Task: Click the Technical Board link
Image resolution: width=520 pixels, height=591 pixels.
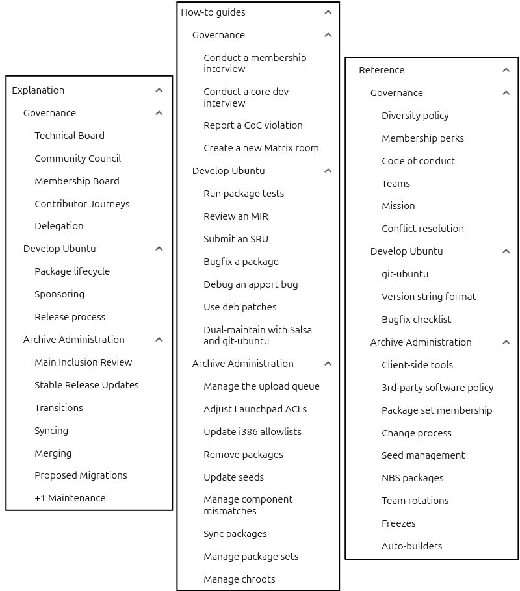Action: [x=70, y=136]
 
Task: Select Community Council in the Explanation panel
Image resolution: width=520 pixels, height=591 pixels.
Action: [x=77, y=158]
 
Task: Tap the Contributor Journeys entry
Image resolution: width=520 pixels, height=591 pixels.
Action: [x=82, y=204]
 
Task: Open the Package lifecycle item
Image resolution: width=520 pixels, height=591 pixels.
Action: [x=72, y=271]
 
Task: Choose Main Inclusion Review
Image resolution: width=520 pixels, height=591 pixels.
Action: [x=83, y=362]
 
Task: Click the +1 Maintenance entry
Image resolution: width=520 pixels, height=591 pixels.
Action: [x=70, y=498]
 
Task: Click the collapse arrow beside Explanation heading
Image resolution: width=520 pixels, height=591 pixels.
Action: [x=159, y=90]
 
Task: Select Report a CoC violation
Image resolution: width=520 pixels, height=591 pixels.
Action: [x=253, y=125]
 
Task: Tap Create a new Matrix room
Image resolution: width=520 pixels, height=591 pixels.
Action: [x=261, y=148]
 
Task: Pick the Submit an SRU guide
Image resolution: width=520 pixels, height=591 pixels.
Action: [x=235, y=239]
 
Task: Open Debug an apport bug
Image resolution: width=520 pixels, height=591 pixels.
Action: [x=250, y=284]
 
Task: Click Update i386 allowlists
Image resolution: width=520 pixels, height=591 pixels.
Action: [x=252, y=432]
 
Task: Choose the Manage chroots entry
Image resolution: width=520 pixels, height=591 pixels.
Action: [x=239, y=579]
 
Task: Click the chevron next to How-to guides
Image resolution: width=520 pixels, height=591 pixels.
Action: [x=328, y=12]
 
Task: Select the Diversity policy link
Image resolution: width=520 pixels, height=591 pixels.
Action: [x=415, y=116]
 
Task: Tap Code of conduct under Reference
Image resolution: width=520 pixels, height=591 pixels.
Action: [x=418, y=161]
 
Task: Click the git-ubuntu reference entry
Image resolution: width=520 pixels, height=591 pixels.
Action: [x=405, y=274]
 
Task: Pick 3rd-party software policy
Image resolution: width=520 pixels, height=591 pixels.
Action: [x=437, y=388]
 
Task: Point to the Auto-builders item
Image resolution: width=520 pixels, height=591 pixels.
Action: [x=411, y=546]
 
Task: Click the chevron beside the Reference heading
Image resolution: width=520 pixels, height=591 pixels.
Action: [x=506, y=70]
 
